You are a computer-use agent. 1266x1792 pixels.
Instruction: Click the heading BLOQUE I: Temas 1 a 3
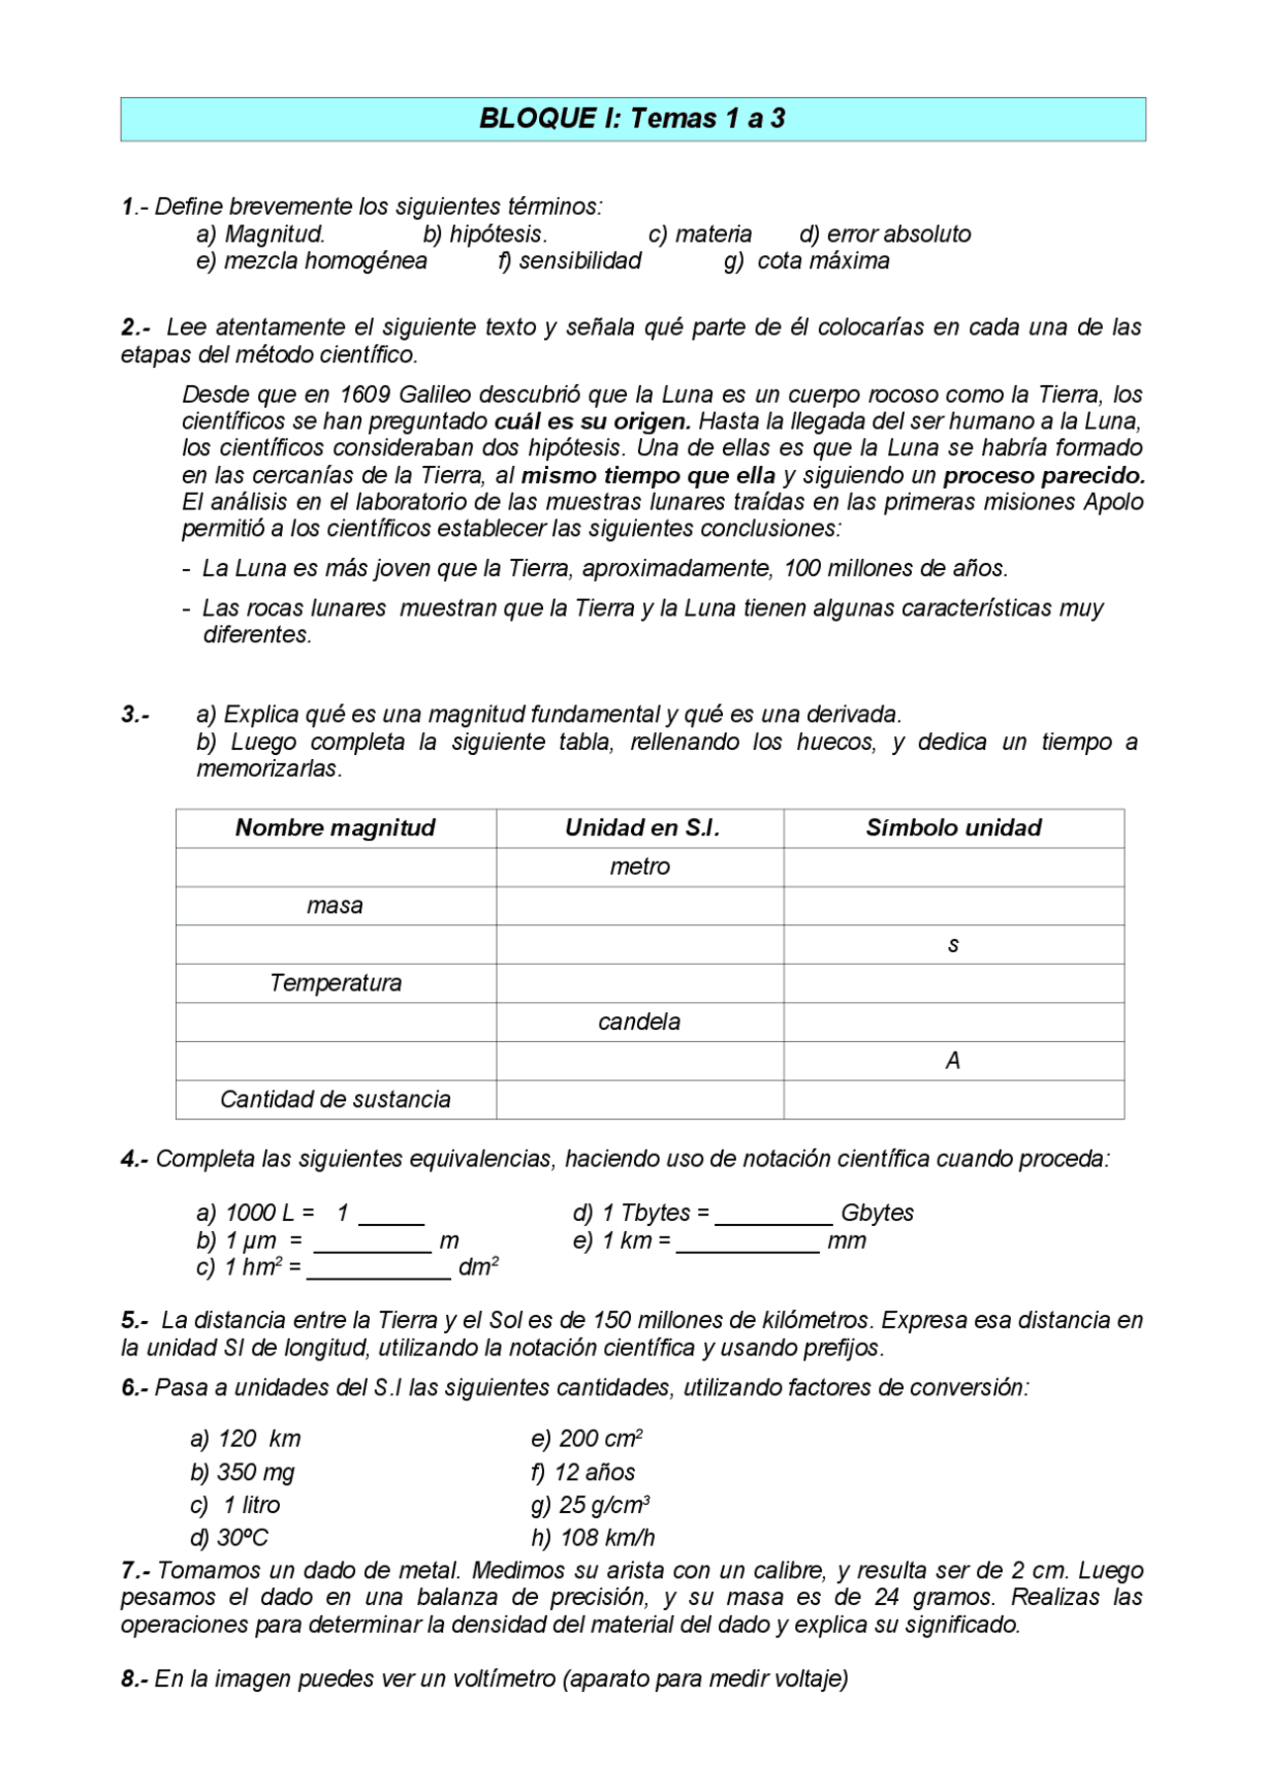pos(632,119)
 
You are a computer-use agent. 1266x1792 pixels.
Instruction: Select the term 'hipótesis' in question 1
pos(497,235)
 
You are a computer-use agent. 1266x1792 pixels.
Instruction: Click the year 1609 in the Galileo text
pos(365,395)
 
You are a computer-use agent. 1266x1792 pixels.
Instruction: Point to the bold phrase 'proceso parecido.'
pos(1043,476)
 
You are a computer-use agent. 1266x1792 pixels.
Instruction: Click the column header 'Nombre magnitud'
pos(335,828)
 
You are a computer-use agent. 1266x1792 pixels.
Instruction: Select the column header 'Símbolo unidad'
pos(953,828)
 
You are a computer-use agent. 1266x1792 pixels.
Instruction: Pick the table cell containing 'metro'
pos(640,867)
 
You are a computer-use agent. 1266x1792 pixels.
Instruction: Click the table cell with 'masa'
pos(335,905)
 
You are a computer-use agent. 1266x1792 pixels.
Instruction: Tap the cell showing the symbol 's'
pos(953,945)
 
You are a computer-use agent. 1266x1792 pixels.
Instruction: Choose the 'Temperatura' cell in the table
pos(335,984)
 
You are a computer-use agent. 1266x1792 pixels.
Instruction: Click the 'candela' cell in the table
pos(640,1022)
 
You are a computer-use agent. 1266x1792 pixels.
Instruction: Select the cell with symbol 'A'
pos(953,1061)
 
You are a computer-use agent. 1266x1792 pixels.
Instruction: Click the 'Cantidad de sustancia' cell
pos(335,1099)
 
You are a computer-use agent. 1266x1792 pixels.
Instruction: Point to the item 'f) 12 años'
pos(584,1472)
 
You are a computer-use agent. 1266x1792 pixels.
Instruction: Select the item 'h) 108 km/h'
pos(593,1538)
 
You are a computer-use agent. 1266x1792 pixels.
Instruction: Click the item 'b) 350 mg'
pos(242,1472)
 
